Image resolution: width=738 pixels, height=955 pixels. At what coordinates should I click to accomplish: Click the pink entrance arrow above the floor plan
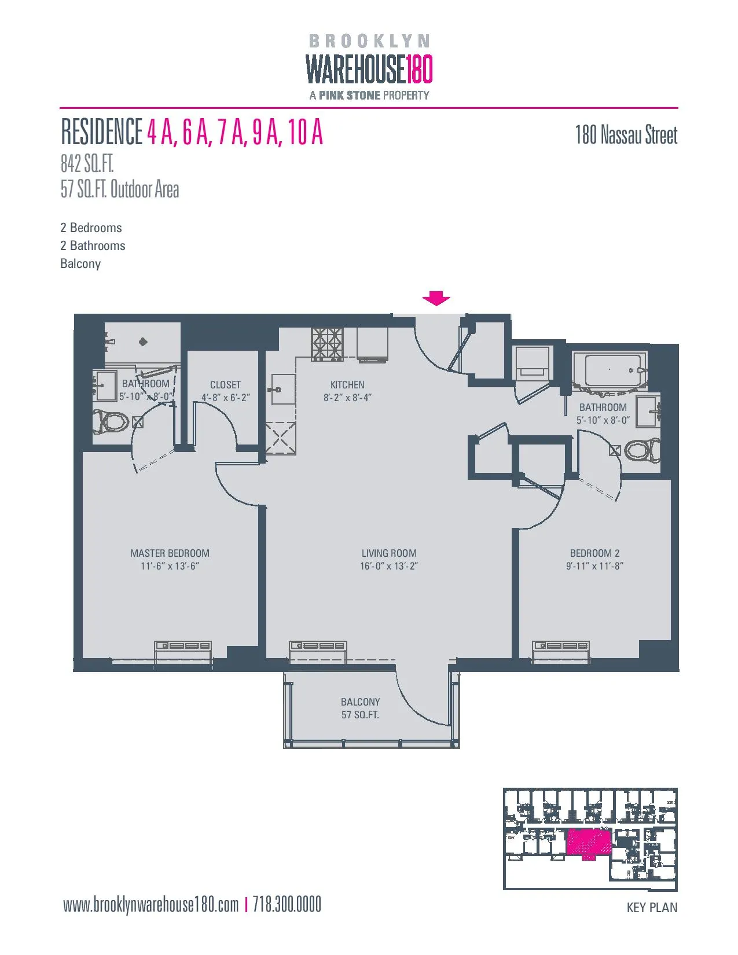(436, 299)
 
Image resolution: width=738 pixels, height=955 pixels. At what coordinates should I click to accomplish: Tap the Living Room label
(389, 553)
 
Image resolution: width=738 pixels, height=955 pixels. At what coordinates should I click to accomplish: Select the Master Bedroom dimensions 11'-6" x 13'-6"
(170, 567)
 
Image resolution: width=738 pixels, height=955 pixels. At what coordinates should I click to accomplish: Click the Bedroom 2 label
(594, 553)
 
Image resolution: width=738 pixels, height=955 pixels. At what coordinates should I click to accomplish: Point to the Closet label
(225, 385)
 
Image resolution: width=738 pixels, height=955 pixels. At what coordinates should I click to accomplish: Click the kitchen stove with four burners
(327, 344)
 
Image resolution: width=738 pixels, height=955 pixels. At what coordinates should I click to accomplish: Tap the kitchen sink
(283, 390)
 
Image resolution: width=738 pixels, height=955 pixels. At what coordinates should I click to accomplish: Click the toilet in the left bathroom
(111, 421)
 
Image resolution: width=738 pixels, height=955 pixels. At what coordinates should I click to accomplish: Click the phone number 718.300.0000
(287, 905)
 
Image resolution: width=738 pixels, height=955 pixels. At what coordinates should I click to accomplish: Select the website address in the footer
(150, 905)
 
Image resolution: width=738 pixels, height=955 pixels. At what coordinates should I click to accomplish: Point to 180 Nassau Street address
(626, 135)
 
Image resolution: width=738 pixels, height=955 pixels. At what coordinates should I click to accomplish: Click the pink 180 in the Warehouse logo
(418, 69)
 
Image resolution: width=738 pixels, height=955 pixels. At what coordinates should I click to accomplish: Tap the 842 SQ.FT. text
(87, 164)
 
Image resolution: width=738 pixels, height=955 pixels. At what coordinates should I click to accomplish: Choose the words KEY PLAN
(652, 908)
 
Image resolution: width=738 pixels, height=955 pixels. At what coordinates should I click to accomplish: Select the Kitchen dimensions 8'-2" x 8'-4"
(347, 398)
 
